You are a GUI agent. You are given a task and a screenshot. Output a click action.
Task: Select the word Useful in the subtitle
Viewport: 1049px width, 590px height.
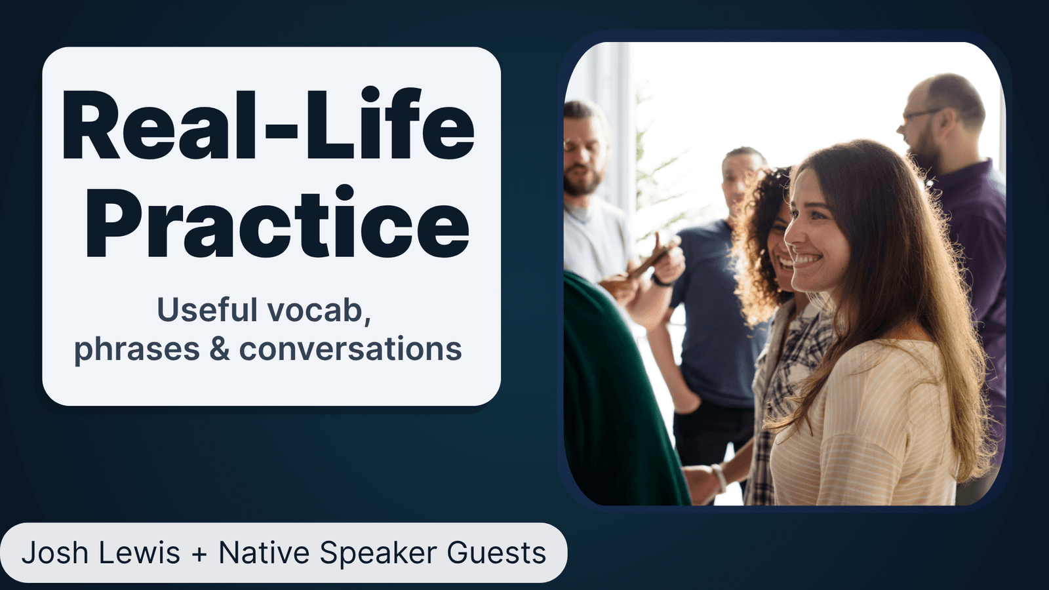(207, 310)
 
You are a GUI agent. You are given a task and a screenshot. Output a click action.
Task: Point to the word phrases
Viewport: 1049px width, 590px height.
(136, 349)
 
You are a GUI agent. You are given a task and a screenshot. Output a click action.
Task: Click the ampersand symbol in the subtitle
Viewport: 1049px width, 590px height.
(220, 349)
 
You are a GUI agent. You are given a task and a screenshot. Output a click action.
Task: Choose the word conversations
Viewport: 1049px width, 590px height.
(350, 349)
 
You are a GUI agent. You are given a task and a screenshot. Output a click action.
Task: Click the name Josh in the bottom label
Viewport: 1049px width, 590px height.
(55, 553)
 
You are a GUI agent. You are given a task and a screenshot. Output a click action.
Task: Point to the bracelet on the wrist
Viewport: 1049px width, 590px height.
(719, 478)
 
